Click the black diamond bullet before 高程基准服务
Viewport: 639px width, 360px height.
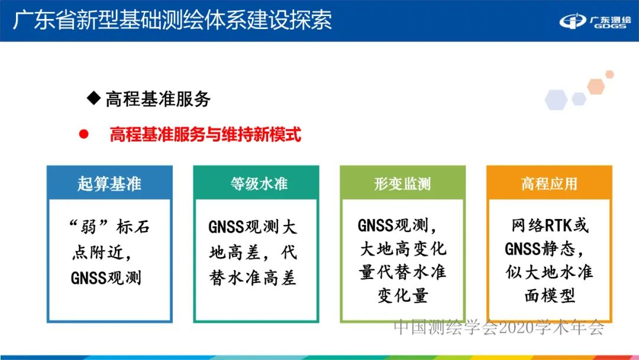(x=93, y=98)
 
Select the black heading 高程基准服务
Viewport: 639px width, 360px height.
(x=158, y=99)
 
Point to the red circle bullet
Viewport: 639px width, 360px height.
(x=83, y=134)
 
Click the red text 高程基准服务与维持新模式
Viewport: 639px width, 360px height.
(x=205, y=135)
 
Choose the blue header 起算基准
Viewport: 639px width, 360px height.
(x=109, y=183)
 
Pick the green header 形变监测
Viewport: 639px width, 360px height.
(x=402, y=184)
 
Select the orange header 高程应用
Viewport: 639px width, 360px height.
(x=549, y=184)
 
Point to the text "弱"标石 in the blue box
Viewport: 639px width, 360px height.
(x=106, y=227)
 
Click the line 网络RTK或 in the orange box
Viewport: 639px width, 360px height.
(x=550, y=226)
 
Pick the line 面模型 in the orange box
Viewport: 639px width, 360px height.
(x=550, y=295)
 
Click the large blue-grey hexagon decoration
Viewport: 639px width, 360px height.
(x=556, y=99)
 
